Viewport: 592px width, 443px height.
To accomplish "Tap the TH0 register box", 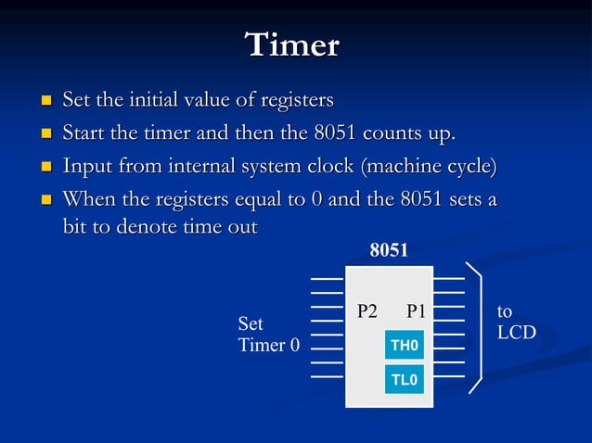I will [405, 346].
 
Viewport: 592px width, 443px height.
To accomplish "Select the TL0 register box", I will [405, 379].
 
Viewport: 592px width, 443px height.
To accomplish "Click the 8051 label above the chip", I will [389, 250].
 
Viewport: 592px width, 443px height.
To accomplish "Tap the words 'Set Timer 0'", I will [268, 335].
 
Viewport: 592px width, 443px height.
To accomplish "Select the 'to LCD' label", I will [516, 322].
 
